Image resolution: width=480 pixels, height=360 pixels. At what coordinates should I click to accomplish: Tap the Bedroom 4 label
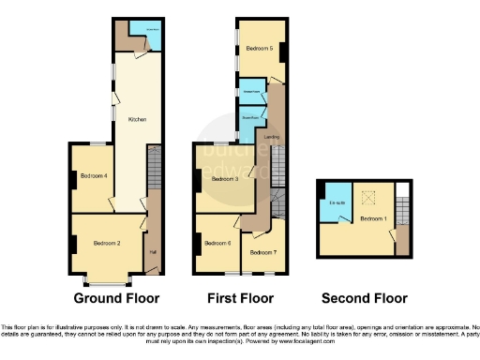pos(93,176)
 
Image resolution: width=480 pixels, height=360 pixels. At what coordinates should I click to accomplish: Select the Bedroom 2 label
pos(107,244)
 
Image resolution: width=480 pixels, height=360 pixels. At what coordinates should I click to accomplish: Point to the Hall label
pos(153,251)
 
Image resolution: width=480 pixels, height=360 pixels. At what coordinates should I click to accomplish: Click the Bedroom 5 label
pos(259,48)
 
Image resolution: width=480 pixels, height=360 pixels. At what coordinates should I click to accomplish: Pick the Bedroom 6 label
pos(217,244)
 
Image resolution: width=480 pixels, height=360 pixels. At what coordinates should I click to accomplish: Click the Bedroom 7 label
pos(262,251)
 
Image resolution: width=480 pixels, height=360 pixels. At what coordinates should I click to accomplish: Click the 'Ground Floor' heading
pos(117,298)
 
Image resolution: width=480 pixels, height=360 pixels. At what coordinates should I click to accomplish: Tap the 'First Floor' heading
pos(240,298)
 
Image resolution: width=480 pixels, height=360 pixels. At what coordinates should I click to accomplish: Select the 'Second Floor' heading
pos(364,298)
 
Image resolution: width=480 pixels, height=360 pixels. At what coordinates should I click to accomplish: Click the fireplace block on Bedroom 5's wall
pos(283,50)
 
